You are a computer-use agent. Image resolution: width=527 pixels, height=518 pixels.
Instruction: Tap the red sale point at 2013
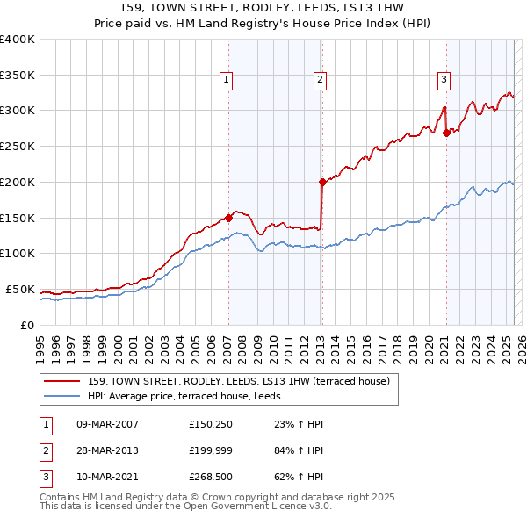click(x=321, y=182)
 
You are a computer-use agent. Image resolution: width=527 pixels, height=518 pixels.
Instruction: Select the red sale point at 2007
click(x=228, y=217)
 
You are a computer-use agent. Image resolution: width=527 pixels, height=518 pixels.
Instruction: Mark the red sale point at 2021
click(x=446, y=133)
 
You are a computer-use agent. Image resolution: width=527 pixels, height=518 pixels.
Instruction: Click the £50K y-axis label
click(x=20, y=289)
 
